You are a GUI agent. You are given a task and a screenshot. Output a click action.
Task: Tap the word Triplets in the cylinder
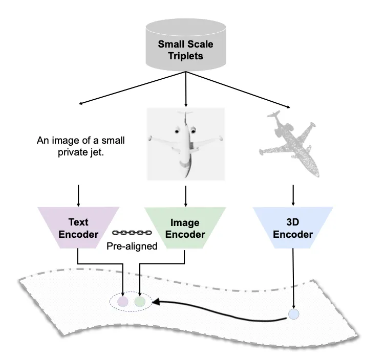point(185,56)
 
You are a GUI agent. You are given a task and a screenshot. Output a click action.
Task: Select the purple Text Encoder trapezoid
point(78,228)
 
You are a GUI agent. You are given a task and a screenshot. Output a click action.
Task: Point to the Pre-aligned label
point(132,245)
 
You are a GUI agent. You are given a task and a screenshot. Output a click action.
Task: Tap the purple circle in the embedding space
point(123,302)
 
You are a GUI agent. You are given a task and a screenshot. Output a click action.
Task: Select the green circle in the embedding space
point(140,302)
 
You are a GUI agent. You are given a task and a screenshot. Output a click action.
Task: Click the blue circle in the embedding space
point(293,314)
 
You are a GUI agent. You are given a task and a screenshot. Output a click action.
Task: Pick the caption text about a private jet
point(81,146)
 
